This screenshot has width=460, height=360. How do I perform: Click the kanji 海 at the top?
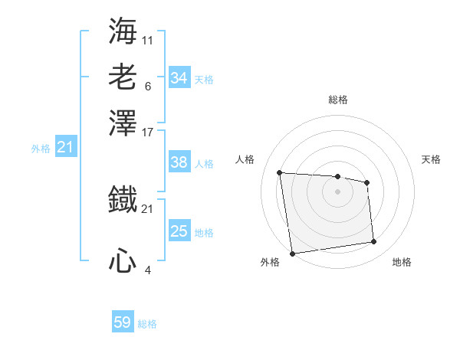point(123,31)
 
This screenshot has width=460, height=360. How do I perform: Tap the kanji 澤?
point(123,123)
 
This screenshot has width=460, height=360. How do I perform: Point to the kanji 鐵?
point(123,199)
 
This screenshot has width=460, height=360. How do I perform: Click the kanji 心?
point(123,260)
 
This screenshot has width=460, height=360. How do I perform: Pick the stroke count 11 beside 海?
point(147,40)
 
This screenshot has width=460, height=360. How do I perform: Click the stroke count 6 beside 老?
point(147,86)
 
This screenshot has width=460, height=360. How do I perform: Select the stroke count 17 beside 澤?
point(147,132)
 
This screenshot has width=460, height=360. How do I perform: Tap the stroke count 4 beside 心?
point(147,270)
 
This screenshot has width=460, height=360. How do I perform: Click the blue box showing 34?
point(179,78)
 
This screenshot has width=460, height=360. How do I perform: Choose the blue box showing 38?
point(179,162)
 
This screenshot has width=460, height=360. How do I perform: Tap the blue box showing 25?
point(179,231)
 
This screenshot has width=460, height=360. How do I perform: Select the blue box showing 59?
point(123,322)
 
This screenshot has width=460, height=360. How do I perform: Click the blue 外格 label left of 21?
point(40,149)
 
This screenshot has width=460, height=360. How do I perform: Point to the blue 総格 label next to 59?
point(147,324)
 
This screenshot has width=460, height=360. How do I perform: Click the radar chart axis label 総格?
point(337,100)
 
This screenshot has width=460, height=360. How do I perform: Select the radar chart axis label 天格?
point(431,159)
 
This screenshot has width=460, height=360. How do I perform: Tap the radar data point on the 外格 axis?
point(292,253)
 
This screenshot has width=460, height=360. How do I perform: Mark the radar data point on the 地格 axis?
point(374,242)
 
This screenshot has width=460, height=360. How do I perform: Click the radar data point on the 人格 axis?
point(280,172)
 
